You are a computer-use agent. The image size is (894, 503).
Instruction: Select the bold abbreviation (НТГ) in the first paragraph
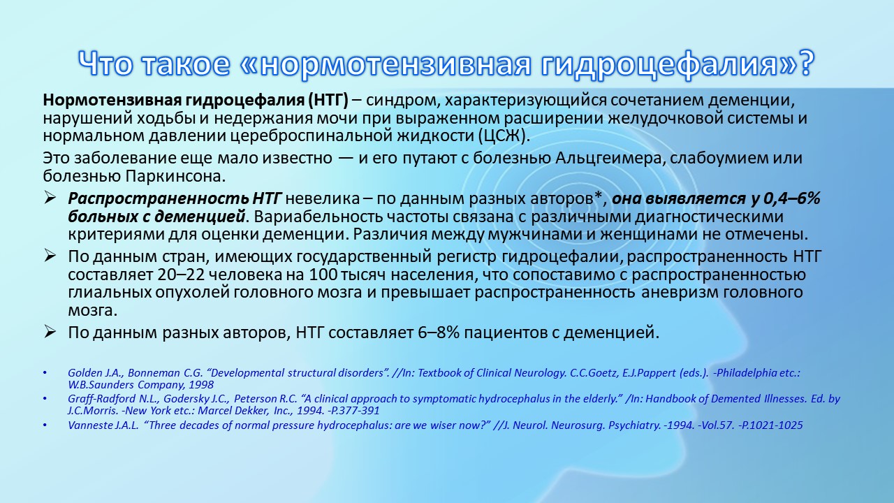point(328,100)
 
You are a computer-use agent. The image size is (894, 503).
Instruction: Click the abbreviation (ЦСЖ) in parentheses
point(504,136)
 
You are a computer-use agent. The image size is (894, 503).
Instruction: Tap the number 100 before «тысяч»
point(323,275)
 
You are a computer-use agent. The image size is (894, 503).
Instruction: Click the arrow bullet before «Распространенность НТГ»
point(50,198)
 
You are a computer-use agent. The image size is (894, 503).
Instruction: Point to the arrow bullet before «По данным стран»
point(50,256)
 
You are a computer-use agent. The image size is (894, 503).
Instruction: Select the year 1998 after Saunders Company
point(201,385)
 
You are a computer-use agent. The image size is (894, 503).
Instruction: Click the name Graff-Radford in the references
point(102,399)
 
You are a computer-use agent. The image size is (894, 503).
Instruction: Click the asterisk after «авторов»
point(598,196)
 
